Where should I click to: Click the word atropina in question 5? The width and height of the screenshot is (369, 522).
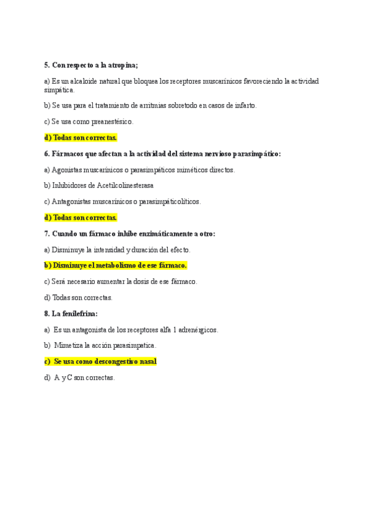point(121,65)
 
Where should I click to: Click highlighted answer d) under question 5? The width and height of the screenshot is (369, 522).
point(81,137)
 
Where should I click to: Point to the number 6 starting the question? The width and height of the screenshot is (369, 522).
point(46,154)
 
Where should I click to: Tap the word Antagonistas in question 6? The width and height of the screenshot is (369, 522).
point(73,201)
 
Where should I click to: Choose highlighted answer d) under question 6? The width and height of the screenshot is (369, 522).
point(81,217)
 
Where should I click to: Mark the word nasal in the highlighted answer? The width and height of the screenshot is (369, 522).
point(148,361)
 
